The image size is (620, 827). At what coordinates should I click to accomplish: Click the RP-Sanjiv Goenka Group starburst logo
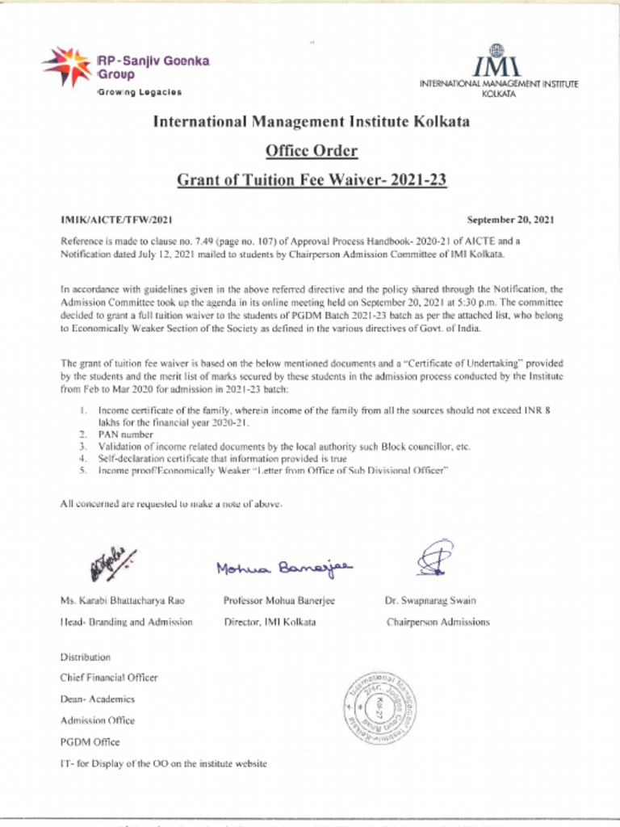[67, 67]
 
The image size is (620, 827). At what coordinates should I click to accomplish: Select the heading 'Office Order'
[311, 151]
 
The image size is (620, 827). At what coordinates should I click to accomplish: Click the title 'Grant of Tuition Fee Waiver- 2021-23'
[311, 180]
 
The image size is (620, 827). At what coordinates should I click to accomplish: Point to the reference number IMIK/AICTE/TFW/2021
[116, 220]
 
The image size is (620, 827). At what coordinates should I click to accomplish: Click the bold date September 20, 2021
[510, 220]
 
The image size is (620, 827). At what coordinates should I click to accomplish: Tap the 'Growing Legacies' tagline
[139, 92]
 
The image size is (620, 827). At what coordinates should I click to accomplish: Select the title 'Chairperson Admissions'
[438, 622]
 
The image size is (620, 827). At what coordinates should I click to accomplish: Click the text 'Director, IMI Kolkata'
[270, 622]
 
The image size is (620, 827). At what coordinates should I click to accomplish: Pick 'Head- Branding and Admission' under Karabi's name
[126, 622]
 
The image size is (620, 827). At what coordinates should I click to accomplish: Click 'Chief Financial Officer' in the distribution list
[109, 678]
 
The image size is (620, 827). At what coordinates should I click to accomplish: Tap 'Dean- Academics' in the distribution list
[97, 699]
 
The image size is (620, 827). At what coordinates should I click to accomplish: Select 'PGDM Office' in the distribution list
[90, 741]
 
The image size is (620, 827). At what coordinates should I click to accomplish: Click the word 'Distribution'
[85, 657]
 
